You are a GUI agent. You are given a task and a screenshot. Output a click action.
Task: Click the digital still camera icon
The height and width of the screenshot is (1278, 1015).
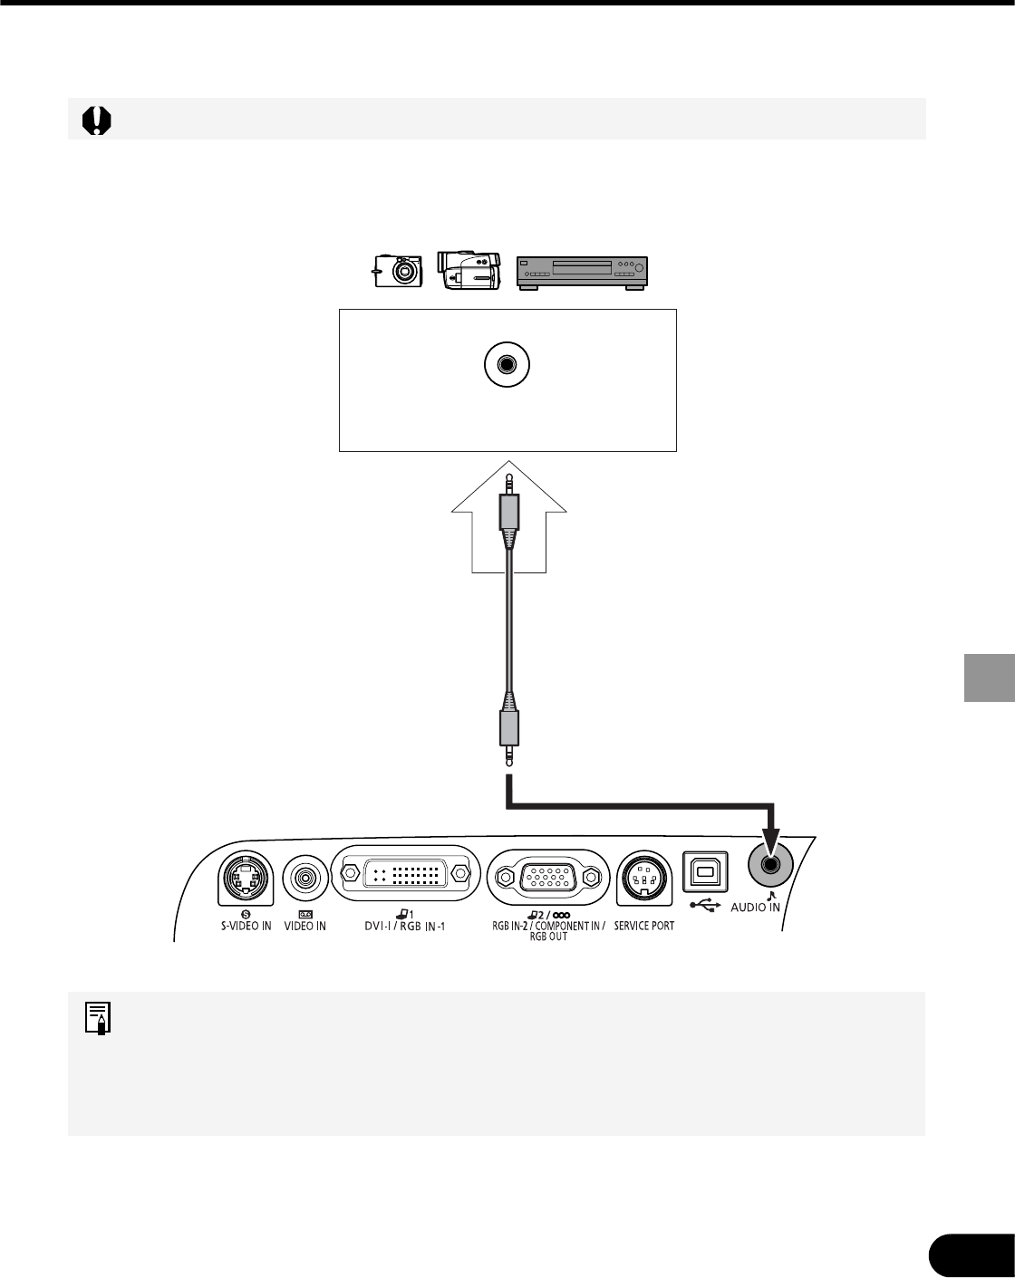(x=398, y=271)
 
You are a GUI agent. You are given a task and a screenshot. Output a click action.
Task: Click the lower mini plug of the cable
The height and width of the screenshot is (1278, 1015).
(x=509, y=735)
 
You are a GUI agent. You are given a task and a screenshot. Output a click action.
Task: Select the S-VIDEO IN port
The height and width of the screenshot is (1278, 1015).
(x=246, y=879)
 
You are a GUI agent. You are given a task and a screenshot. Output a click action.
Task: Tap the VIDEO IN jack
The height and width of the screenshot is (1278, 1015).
(x=305, y=879)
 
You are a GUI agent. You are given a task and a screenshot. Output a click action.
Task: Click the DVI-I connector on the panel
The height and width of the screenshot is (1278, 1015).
(x=403, y=876)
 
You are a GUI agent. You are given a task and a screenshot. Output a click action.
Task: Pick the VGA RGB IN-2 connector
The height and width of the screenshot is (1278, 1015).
(x=544, y=877)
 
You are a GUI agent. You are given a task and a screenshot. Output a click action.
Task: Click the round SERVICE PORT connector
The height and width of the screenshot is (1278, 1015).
(x=643, y=879)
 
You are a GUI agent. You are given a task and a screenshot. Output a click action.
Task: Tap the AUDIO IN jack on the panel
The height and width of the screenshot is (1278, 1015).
(x=769, y=866)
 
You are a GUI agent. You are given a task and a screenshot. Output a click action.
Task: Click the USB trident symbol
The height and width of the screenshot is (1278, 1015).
(x=705, y=904)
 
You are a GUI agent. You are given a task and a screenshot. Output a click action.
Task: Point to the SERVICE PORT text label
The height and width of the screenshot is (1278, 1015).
(x=644, y=927)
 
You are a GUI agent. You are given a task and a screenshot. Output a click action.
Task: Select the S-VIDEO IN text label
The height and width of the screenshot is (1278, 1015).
(x=246, y=927)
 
